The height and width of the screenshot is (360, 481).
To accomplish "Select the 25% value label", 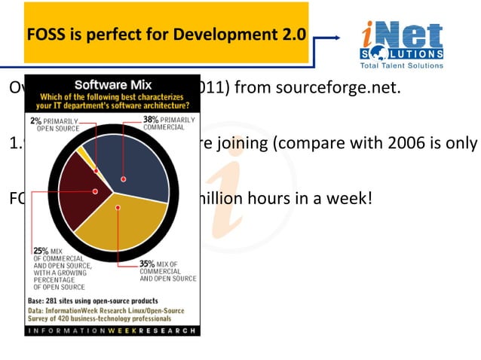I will pos(41,251).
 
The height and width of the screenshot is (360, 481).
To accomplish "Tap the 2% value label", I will pos(35,121).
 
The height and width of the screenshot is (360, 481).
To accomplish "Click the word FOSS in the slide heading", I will pos(47,35).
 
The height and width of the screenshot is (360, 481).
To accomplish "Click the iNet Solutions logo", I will pos(400,38).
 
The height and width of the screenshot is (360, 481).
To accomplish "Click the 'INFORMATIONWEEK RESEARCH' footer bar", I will pos(112,331).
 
